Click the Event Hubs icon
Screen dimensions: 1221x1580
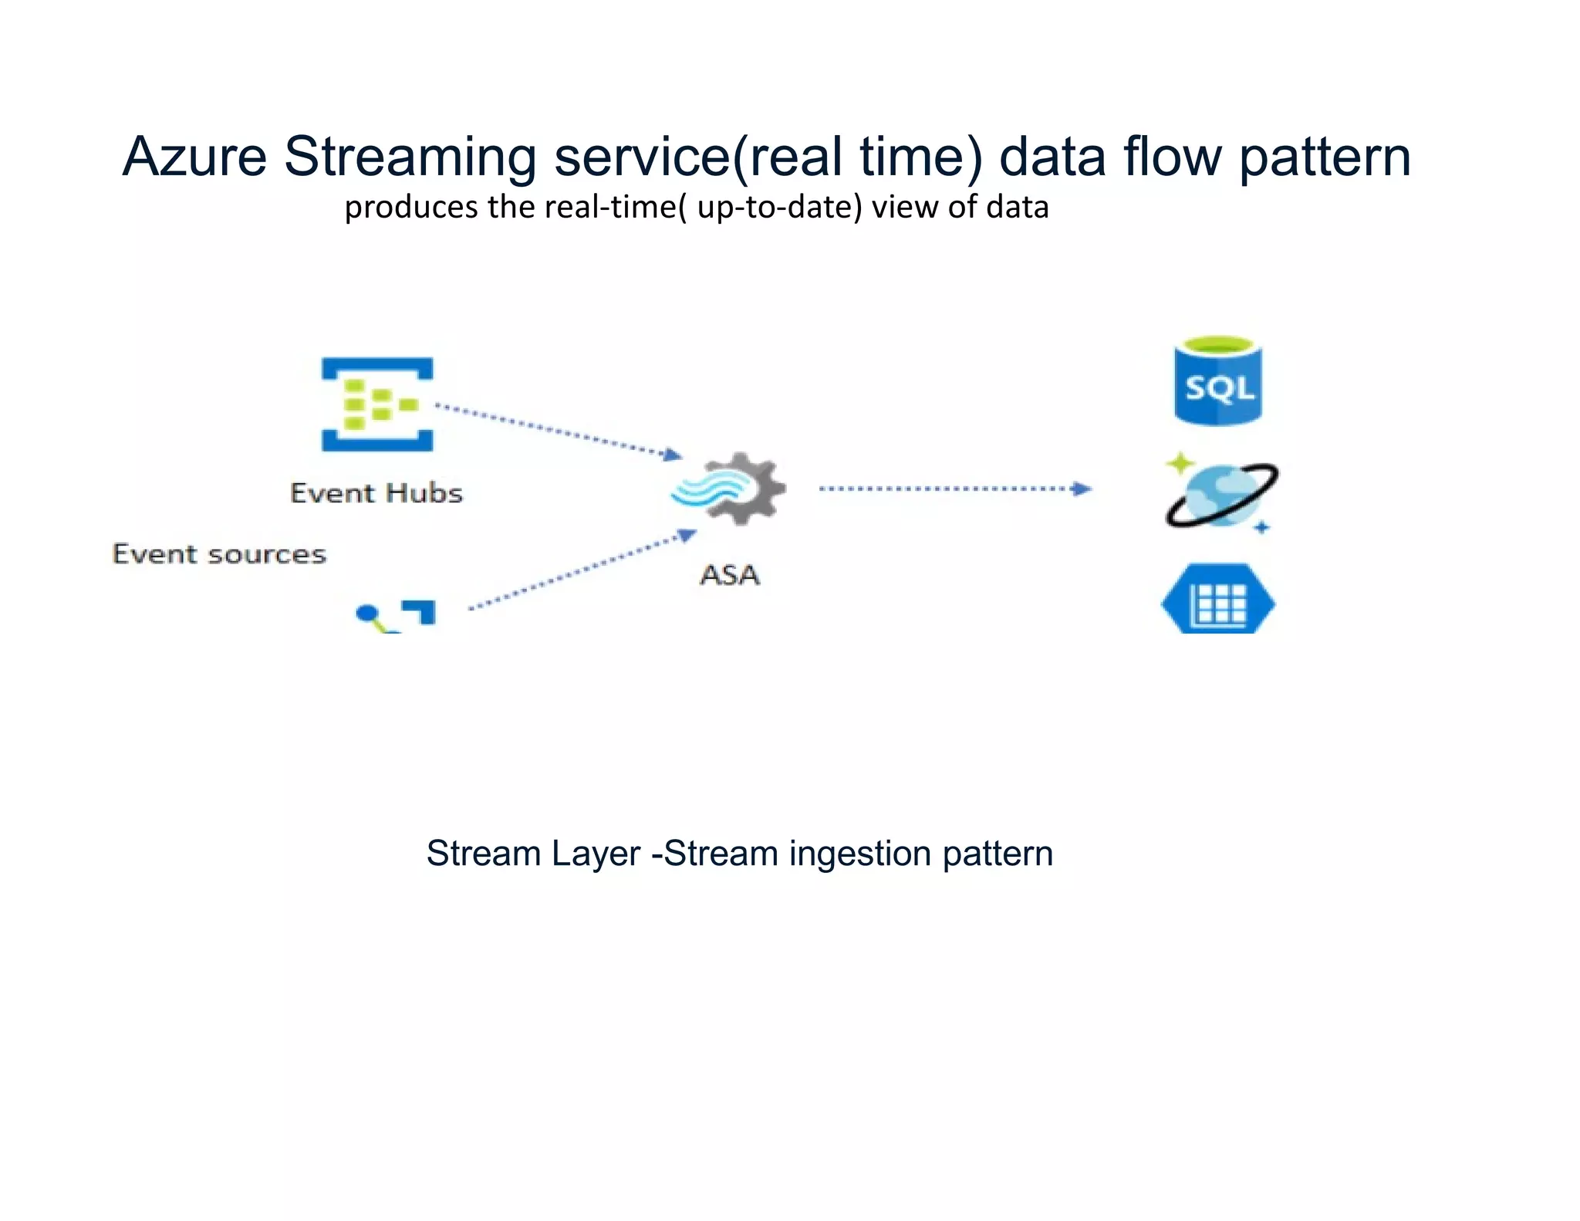(377, 404)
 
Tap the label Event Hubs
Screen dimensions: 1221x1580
(376, 493)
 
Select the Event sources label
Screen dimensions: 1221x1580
(219, 554)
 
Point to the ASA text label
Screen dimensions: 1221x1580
(730, 575)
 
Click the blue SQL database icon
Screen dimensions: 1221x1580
(1218, 381)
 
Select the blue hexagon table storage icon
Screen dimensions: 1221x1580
(1218, 601)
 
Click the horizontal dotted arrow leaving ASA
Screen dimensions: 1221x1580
(954, 489)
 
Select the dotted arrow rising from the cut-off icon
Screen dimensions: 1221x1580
(582, 570)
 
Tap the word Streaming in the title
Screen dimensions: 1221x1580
(410, 158)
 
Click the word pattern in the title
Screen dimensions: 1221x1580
(1325, 158)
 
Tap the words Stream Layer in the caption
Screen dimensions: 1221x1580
(533, 854)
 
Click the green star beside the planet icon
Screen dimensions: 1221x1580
(1180, 463)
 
